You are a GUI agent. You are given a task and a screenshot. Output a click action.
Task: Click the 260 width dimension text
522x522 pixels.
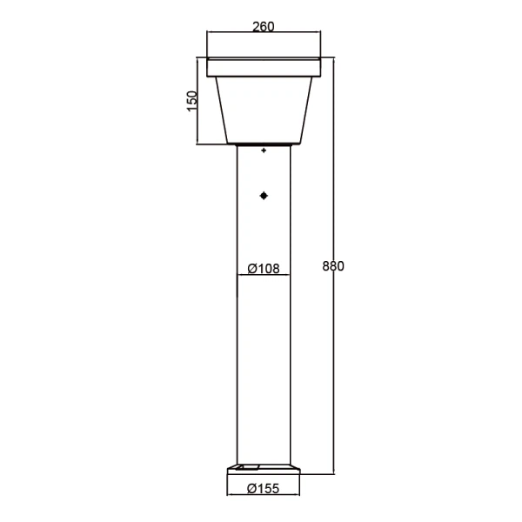click(x=263, y=26)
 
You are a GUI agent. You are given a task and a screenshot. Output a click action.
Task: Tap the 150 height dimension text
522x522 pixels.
click(x=193, y=100)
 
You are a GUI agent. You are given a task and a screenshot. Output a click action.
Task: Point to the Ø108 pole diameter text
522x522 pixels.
click(x=264, y=269)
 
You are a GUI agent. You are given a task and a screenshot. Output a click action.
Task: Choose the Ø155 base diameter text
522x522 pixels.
click(x=263, y=488)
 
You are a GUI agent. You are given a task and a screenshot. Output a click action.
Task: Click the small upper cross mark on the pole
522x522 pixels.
click(x=264, y=151)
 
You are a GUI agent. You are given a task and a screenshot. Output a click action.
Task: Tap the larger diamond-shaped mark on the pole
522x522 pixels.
click(x=264, y=196)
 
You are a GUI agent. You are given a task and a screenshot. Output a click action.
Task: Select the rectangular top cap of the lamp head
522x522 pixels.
click(x=264, y=67)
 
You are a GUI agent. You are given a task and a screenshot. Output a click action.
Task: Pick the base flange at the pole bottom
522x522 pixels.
click(x=264, y=470)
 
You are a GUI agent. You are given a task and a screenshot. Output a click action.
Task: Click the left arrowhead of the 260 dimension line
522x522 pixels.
click(x=210, y=34)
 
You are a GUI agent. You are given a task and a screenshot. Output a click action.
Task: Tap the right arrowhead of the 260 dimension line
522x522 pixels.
click(x=318, y=34)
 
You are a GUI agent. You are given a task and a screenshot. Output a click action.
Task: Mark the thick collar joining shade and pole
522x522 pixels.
click(x=264, y=144)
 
